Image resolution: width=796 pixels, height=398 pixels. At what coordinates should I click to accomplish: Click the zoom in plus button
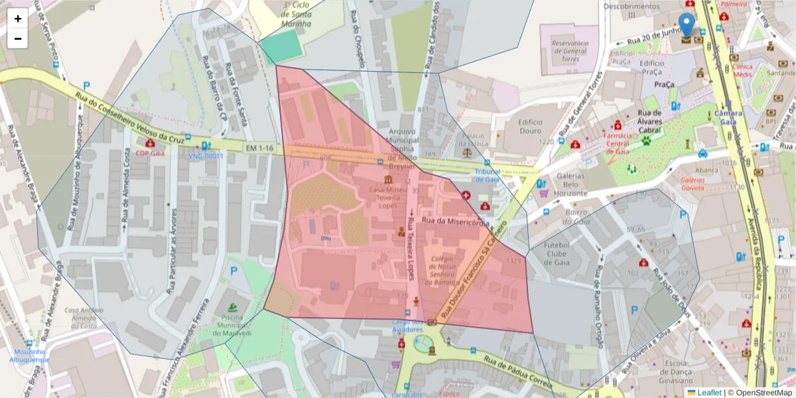pyautogui.click(x=18, y=19)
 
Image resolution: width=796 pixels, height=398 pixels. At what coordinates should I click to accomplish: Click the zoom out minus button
pyautogui.click(x=18, y=38)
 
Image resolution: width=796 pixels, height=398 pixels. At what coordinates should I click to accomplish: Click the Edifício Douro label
pyautogui.click(x=531, y=126)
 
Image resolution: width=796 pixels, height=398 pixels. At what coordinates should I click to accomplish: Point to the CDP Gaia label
pyautogui.click(x=150, y=153)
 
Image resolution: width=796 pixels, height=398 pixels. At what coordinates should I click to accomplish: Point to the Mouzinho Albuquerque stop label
pyautogui.click(x=29, y=356)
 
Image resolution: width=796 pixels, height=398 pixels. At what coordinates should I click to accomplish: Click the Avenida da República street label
pyautogui.click(x=756, y=252)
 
